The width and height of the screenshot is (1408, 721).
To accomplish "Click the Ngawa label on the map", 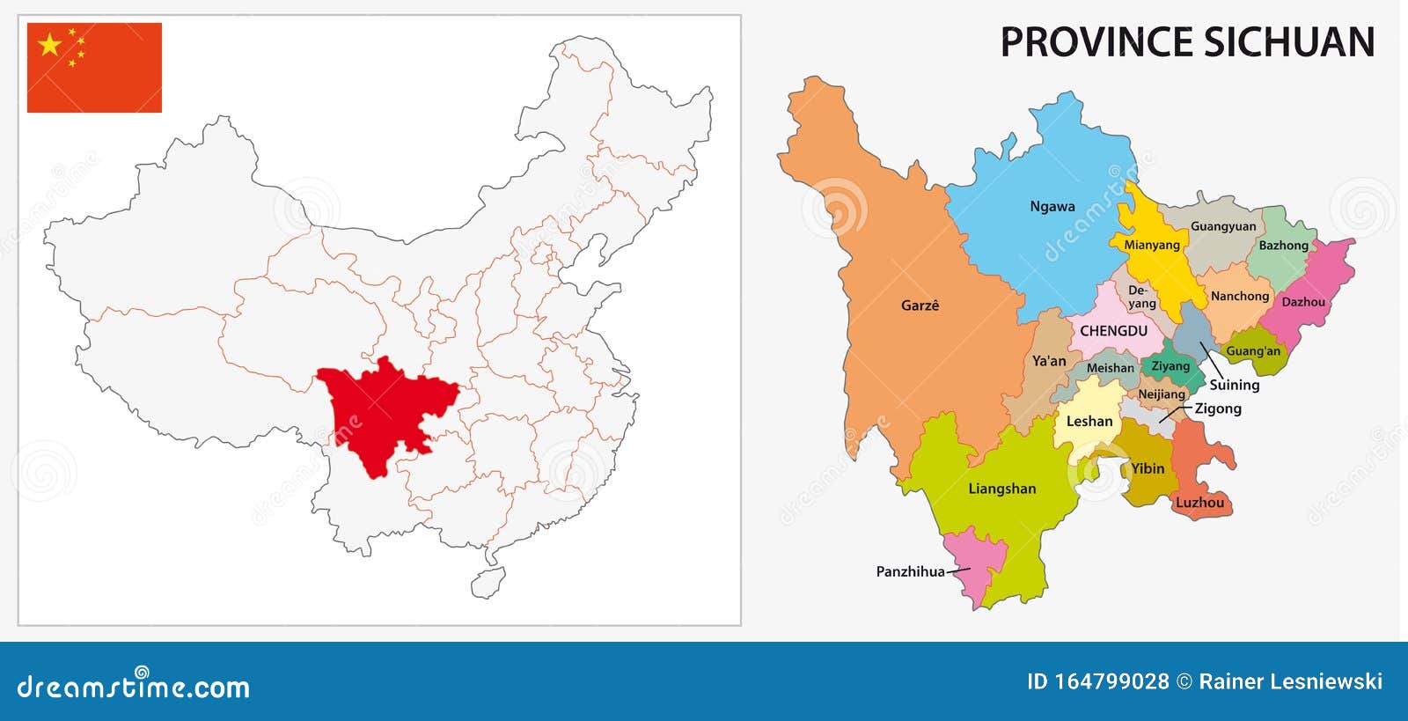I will (x=1052, y=207).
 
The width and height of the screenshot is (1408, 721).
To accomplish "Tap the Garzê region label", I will (x=920, y=305).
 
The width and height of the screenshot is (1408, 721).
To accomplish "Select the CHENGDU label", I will (x=1113, y=331).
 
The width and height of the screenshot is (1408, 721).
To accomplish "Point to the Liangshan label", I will (x=1001, y=489).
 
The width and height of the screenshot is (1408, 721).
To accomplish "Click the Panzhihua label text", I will (x=910, y=571).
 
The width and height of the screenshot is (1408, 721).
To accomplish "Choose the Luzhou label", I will (x=1199, y=503).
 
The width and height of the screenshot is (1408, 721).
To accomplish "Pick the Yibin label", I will (x=1148, y=468).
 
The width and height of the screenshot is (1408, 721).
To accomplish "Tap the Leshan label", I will (x=1089, y=422).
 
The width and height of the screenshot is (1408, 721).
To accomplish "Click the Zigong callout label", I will (x=1218, y=408).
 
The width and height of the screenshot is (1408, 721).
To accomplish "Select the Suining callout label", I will (x=1234, y=385).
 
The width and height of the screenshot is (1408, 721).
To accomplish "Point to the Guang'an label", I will (x=1253, y=351).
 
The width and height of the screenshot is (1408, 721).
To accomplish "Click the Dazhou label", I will (x=1303, y=302).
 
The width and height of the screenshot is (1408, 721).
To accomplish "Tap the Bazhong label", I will (x=1283, y=246).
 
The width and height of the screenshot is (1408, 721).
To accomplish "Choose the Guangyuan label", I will (x=1223, y=226).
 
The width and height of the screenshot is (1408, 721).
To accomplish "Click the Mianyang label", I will (x=1151, y=245).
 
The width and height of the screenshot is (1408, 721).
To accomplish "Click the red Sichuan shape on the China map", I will (x=378, y=414).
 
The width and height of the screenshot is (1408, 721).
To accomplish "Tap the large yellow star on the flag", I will (x=50, y=44).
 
